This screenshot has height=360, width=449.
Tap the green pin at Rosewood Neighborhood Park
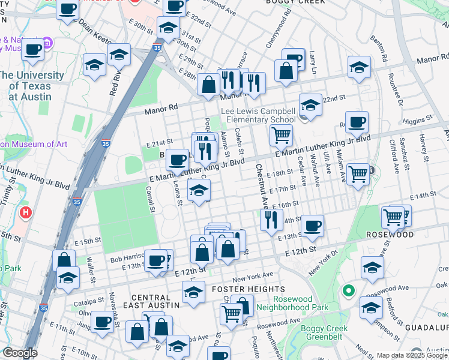pyautogui.click(x=347, y=292)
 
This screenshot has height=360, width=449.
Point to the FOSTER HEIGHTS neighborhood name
pyautogui.click(x=243, y=289)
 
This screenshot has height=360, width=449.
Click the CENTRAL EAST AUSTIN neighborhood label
pyautogui.click(x=155, y=301)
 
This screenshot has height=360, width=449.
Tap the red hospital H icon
pyautogui.click(x=25, y=212)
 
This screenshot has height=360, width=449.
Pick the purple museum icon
pyautogui.click(x=47, y=43)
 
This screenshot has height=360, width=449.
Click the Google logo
pyautogui.click(x=19, y=353)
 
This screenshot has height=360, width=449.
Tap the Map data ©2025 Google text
pyautogui.click(x=412, y=355)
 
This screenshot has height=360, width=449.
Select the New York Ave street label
pyautogui.click(x=253, y=277)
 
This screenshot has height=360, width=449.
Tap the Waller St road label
pyautogui.click(x=91, y=268)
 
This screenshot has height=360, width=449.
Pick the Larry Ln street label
pyautogui.click(x=312, y=59)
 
